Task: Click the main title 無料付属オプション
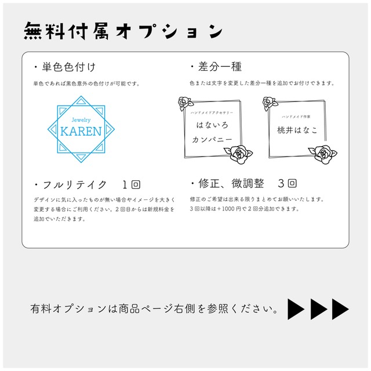click(123, 31)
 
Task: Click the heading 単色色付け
click(68, 67)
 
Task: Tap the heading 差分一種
click(220, 67)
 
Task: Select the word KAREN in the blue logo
click(81, 132)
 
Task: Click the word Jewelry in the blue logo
click(81, 120)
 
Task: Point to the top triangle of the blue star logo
click(81, 101)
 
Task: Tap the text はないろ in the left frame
click(212, 125)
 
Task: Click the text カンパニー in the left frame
click(212, 139)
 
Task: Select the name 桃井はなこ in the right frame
click(297, 130)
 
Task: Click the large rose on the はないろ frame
click(238, 154)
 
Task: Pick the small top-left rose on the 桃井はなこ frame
click(270, 103)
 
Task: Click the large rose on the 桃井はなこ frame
click(323, 155)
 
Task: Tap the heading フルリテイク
click(75, 185)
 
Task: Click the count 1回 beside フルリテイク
click(132, 184)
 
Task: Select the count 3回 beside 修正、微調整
click(287, 183)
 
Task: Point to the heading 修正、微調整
click(231, 183)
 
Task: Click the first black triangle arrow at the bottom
click(296, 309)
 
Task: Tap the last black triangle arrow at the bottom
click(340, 309)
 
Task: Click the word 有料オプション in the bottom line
click(68, 309)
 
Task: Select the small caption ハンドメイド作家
click(296, 117)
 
